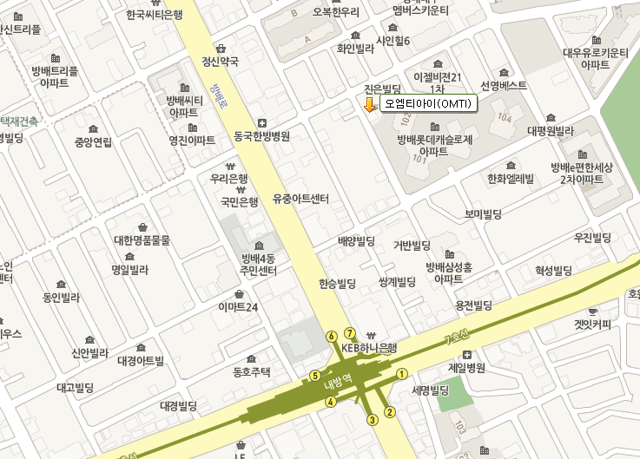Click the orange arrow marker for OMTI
coord(369,105)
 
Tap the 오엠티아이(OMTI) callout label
coord(428,104)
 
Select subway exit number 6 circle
coord(331,336)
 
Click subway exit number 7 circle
coord(349,333)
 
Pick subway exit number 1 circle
coord(401,374)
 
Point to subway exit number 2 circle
coord(390,411)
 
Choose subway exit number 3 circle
coord(373,420)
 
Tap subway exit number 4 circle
coord(330,402)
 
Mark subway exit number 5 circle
coord(315,376)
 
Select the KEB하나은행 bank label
coord(369,348)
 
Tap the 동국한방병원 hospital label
coord(261,136)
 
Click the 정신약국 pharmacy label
coord(220,62)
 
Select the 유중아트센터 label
coord(300,199)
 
